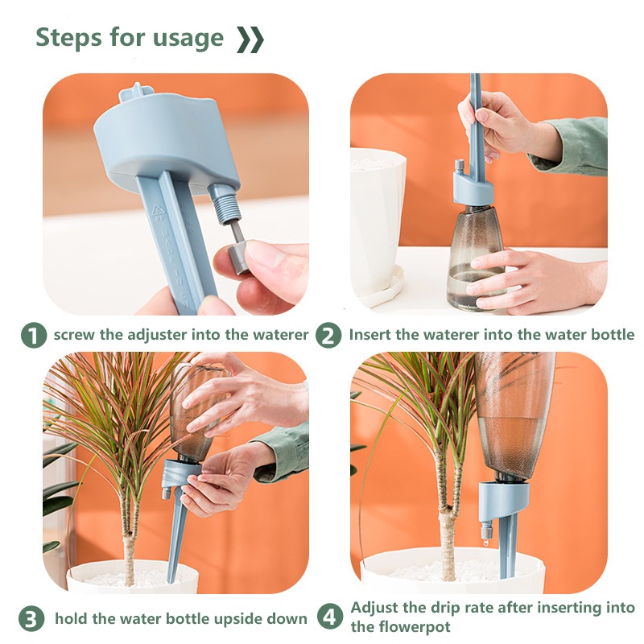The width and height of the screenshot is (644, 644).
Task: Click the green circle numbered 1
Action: click(x=33, y=335)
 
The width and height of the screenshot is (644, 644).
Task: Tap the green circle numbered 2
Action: click(x=328, y=335)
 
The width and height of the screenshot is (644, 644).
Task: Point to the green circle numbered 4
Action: click(x=330, y=617)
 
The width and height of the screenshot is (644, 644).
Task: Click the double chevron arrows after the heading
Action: click(x=250, y=39)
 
